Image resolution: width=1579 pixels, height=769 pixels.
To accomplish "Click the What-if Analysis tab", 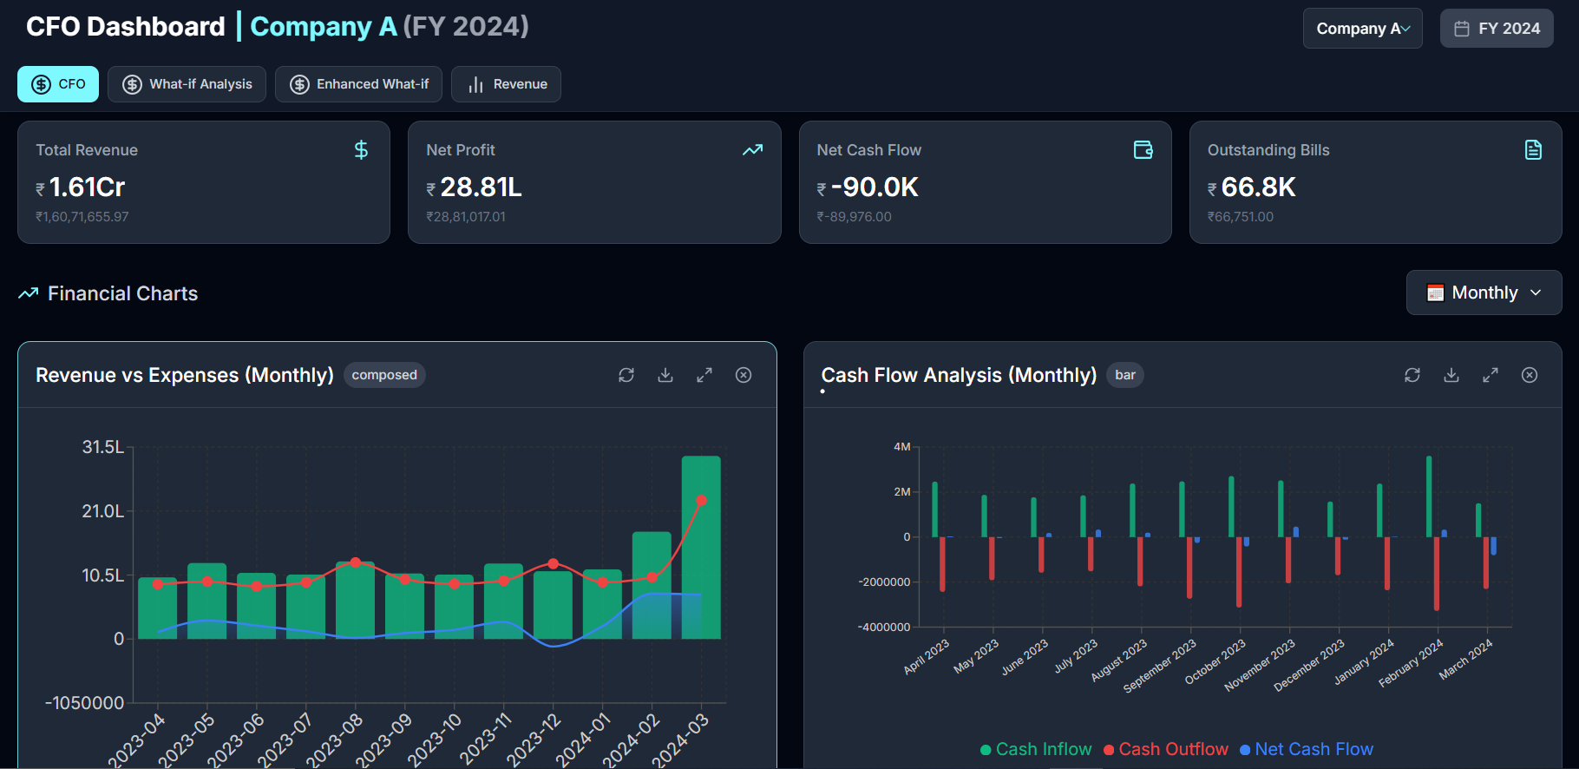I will click(187, 84).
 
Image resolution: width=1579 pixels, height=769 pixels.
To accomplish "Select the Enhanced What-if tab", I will click(358, 84).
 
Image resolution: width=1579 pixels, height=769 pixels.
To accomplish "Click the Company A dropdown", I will click(1362, 29).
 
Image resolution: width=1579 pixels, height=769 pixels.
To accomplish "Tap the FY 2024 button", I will click(1497, 29).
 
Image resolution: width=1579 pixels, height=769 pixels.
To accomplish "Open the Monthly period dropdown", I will click(1484, 292).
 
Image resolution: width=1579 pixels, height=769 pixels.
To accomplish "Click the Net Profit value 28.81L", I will click(481, 187).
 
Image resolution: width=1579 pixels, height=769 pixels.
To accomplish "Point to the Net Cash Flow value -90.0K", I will click(874, 187).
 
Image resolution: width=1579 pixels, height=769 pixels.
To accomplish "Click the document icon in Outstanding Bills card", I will click(1533, 150).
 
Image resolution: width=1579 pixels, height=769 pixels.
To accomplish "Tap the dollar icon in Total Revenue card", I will click(361, 150).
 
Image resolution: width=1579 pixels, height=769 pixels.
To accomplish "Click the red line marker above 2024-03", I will click(701, 501).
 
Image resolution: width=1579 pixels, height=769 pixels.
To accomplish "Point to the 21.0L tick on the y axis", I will click(102, 511).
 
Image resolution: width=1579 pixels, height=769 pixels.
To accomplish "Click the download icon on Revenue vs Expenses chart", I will click(665, 375).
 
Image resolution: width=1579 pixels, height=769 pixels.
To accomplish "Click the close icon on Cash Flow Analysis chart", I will click(1530, 375).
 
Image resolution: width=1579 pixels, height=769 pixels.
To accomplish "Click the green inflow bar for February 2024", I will click(1429, 496).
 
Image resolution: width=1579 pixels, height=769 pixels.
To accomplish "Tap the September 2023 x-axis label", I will click(1161, 666).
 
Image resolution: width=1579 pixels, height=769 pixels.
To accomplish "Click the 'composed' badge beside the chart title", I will click(384, 375).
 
